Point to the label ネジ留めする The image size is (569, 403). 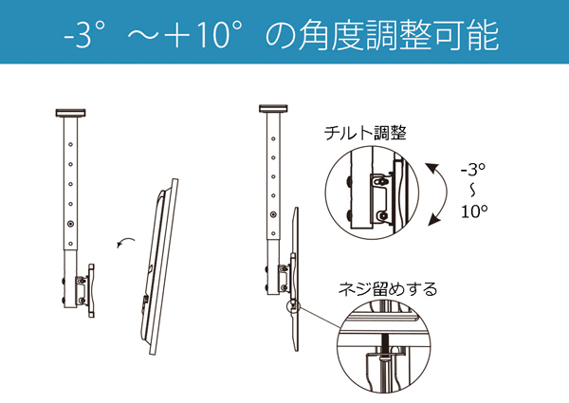(x=389, y=288)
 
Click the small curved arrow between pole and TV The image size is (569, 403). (x=123, y=243)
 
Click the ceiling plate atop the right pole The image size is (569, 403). (x=274, y=107)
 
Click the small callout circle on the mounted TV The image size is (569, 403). (x=294, y=305)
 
